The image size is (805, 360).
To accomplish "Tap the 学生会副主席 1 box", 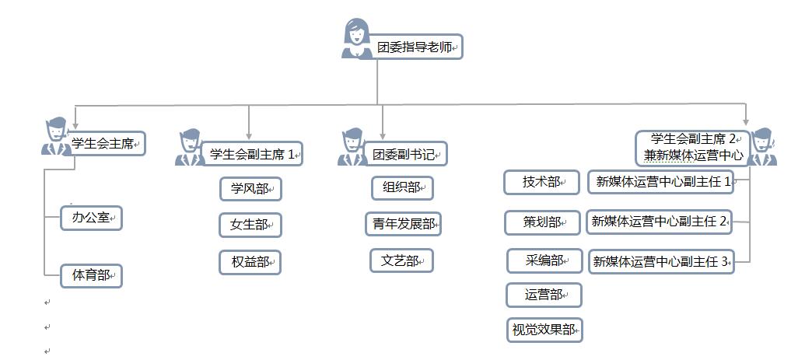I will point(251,154).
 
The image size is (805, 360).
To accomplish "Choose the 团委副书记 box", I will point(408,154).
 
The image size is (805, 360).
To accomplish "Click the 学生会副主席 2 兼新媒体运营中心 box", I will point(693,148).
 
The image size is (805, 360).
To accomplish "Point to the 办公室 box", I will point(92,218).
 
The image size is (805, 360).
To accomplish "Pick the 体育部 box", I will point(92,275).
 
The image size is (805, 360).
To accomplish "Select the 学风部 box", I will point(250,189).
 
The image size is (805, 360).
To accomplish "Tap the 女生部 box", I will point(250,225).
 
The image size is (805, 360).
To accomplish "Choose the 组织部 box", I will point(401,188).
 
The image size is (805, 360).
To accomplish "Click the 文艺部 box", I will point(401,260).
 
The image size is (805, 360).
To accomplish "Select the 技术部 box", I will point(541,183).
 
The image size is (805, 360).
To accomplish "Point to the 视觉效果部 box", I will point(544,330).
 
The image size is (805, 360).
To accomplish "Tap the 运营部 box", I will point(544,295).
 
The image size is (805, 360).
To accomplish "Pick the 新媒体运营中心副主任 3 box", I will point(661,262).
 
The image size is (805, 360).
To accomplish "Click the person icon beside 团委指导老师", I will point(356,39).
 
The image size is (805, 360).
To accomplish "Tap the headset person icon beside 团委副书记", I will point(352,148).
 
